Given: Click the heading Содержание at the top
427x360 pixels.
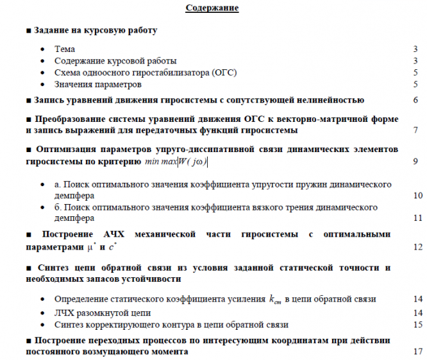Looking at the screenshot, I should tap(212, 8).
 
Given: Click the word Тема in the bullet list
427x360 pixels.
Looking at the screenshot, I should tap(65, 49).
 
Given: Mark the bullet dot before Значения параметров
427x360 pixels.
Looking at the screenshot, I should tap(42, 85).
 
